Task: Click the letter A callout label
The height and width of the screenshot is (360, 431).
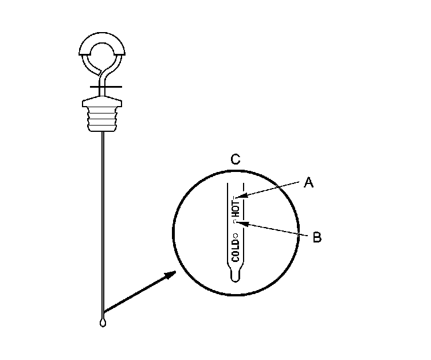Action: pos(308,182)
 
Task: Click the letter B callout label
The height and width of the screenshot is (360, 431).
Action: pos(317,236)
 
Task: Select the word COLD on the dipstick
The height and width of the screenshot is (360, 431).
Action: pos(236,249)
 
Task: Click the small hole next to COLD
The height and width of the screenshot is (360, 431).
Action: pos(236,235)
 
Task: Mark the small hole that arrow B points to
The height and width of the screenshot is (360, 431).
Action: pos(236,221)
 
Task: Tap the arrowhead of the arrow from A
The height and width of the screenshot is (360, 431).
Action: pos(244,197)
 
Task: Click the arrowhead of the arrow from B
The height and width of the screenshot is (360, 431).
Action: pos(242,222)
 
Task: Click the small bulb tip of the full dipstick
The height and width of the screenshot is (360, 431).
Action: pos(102,323)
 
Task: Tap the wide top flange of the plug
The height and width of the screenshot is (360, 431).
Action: pos(102,103)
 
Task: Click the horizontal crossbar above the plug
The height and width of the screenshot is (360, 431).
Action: pos(102,88)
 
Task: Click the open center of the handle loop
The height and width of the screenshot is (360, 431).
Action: pos(102,56)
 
